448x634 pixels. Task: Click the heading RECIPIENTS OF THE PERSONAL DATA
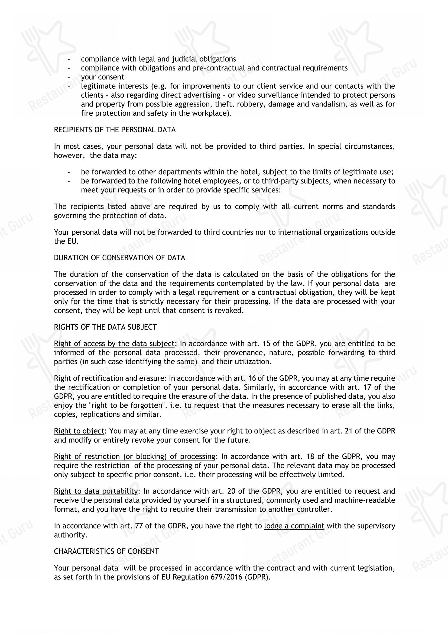point(115,130)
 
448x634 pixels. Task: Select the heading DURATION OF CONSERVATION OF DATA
point(119,258)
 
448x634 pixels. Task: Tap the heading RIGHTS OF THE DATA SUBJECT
point(105,327)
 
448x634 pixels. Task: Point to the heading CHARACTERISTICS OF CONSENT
point(106,551)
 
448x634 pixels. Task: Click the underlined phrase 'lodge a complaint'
point(294,526)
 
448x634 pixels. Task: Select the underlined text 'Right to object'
point(79,431)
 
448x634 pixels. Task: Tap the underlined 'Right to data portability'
point(96,491)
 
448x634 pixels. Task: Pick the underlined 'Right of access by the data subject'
point(114,343)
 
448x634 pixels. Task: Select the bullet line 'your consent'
point(103,77)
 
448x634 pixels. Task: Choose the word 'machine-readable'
point(365,500)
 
